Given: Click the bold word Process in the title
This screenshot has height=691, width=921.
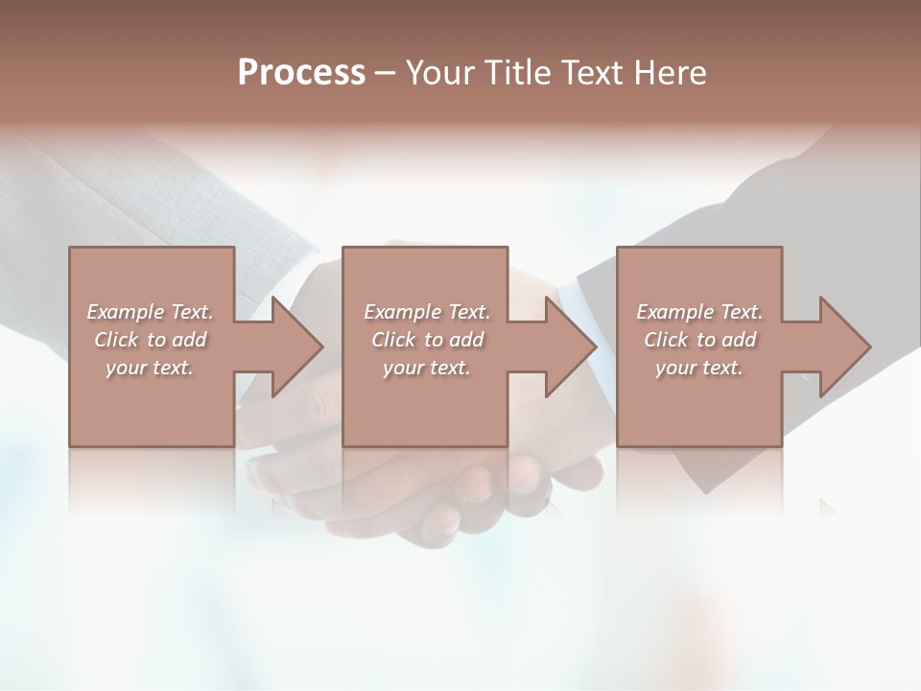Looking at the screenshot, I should coord(301,73).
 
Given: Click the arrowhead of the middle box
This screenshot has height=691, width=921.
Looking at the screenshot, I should coord(570,346).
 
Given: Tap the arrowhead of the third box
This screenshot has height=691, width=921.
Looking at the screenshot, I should coord(844,346).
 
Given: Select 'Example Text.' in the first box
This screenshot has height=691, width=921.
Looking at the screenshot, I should coord(150,312).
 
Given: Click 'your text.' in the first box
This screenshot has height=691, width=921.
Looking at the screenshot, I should coord(150,368).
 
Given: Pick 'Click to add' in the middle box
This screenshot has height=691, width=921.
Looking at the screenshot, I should coord(426,340).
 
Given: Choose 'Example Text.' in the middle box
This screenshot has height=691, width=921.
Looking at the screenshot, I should coord(426,312).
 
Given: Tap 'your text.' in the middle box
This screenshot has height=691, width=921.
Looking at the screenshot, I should coord(426,368).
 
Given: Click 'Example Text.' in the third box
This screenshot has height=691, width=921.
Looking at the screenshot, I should coord(699,312).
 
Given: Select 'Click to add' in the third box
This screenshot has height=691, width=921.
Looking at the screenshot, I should coord(699,340).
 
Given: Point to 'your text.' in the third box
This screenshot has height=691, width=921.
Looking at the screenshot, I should coord(699,368).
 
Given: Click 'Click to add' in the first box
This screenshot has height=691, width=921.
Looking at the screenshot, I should coord(150,340).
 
